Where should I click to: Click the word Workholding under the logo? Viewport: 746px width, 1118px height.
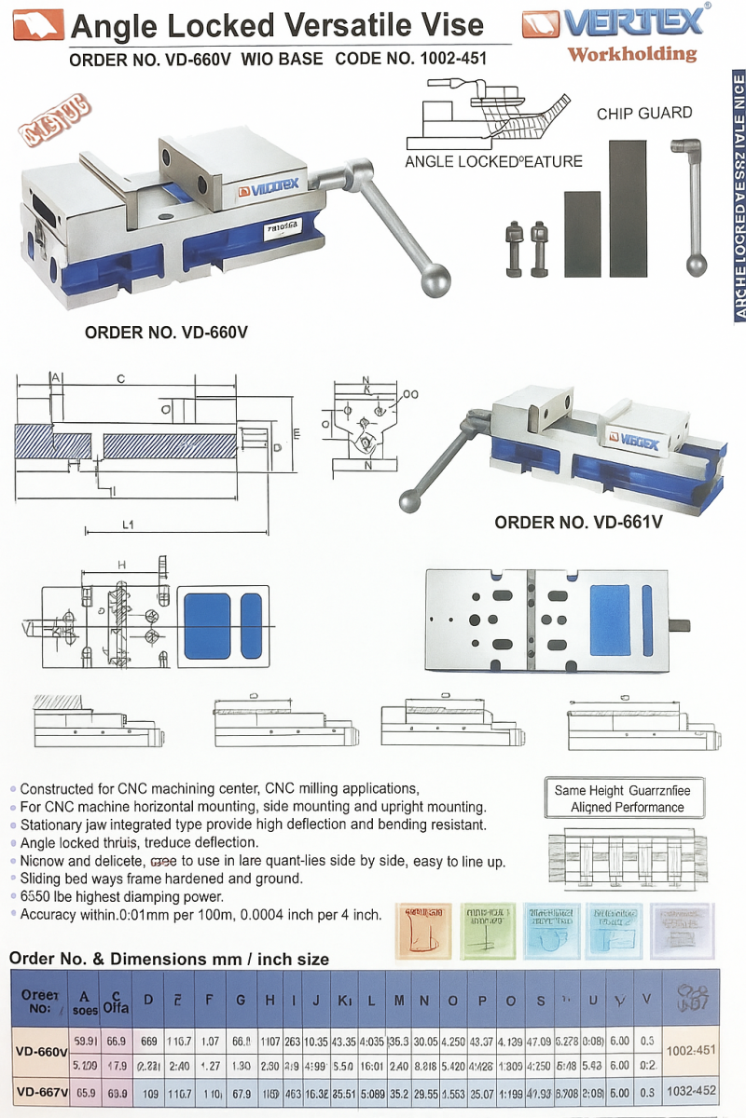(631, 54)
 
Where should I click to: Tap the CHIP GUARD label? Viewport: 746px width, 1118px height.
(644, 113)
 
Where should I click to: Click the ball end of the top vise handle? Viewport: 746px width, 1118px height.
(435, 280)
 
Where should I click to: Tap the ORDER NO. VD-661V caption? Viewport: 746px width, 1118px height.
(578, 523)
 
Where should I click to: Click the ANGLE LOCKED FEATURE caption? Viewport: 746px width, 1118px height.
(493, 161)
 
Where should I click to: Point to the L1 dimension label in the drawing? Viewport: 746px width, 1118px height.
(128, 525)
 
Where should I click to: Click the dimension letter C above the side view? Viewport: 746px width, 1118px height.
(120, 379)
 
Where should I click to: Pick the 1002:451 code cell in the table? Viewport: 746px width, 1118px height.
(690, 1050)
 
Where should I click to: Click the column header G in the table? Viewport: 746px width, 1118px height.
(241, 1001)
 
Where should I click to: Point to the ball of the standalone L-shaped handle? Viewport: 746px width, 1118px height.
(696, 266)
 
